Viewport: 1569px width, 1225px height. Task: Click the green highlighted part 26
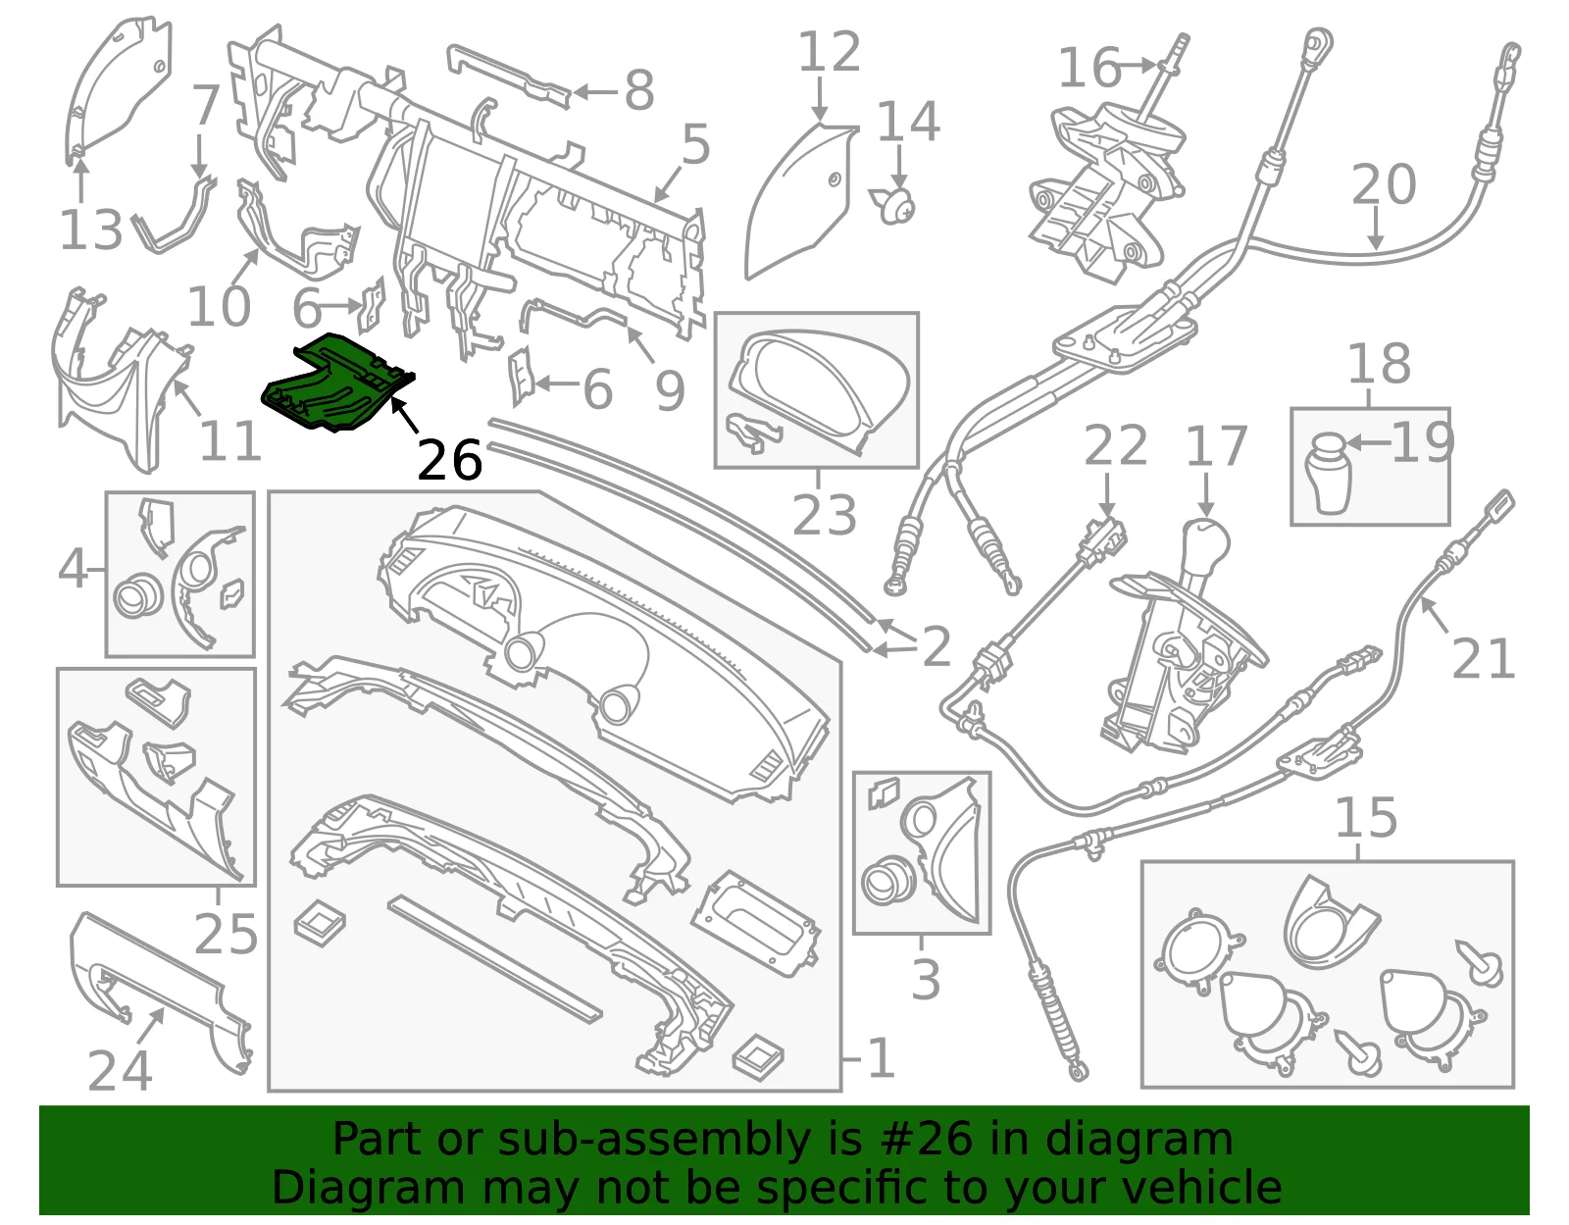coord(336,383)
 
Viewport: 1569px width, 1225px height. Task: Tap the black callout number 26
coord(449,461)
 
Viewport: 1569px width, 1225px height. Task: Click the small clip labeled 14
coord(894,204)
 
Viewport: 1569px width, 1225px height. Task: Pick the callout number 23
coord(824,516)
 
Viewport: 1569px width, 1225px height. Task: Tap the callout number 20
coord(1383,184)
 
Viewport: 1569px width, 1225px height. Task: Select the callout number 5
coord(696,144)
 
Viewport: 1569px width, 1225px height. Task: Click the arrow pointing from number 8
coord(595,91)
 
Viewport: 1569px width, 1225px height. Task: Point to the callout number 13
coord(91,230)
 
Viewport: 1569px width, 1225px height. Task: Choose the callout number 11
coord(229,440)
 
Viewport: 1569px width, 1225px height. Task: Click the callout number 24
coord(120,1070)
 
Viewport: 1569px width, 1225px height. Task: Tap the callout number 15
coord(1366,818)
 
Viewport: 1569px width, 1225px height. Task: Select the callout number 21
coord(1483,658)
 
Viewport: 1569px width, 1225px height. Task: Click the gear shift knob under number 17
coord(1206,542)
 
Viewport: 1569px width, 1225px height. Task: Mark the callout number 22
coord(1116,445)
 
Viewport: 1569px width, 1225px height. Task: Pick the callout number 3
coord(926,979)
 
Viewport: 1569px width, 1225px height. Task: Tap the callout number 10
coord(219,305)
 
